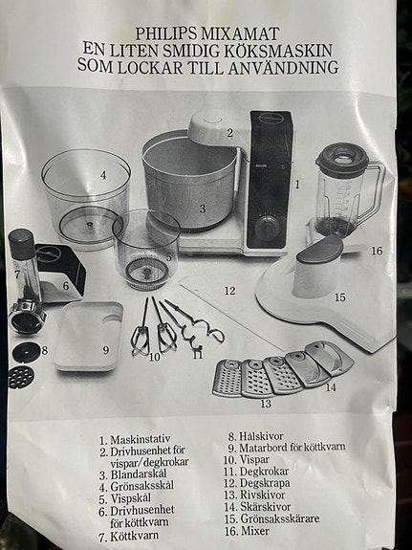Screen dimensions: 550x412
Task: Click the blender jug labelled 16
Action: point(343,191)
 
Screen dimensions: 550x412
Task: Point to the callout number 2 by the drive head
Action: point(230,134)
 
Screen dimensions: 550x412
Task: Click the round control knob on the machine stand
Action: point(267,226)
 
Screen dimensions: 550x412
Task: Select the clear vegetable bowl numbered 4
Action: point(85,196)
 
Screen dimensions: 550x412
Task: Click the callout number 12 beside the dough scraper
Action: point(229,290)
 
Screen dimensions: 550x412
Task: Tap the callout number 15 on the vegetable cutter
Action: point(338,297)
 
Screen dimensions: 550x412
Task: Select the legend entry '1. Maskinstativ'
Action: point(141,440)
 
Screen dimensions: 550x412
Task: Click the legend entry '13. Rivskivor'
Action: point(258,494)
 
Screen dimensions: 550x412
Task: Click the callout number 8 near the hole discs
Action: point(44,350)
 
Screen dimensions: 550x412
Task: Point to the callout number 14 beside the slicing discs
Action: point(331,386)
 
